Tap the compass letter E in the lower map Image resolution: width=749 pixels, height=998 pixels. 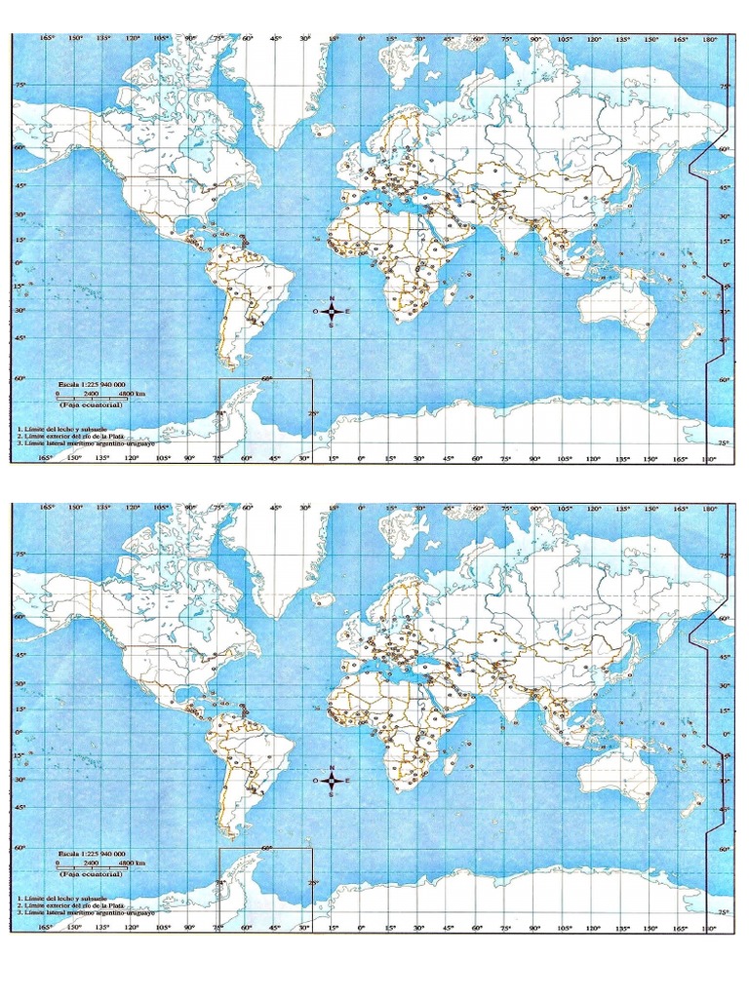[x=347, y=781]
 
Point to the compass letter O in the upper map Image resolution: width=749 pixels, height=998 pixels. [x=315, y=312]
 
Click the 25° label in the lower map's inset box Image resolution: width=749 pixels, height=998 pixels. [x=313, y=884]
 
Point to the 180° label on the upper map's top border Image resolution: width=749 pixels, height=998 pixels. [x=709, y=40]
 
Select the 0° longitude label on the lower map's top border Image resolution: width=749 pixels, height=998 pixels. [x=361, y=508]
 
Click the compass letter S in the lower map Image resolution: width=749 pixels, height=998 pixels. [x=332, y=794]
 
